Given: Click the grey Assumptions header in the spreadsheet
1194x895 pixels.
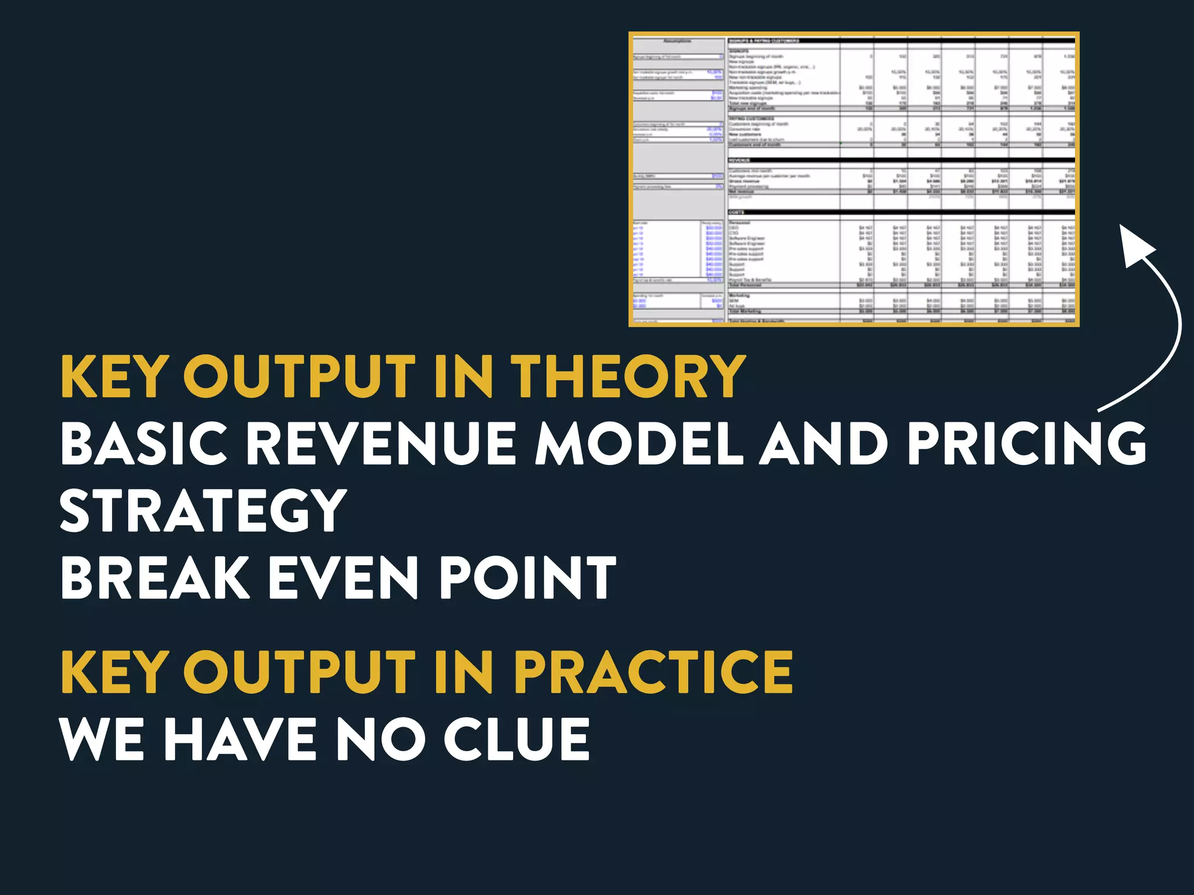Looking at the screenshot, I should coord(677,41).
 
